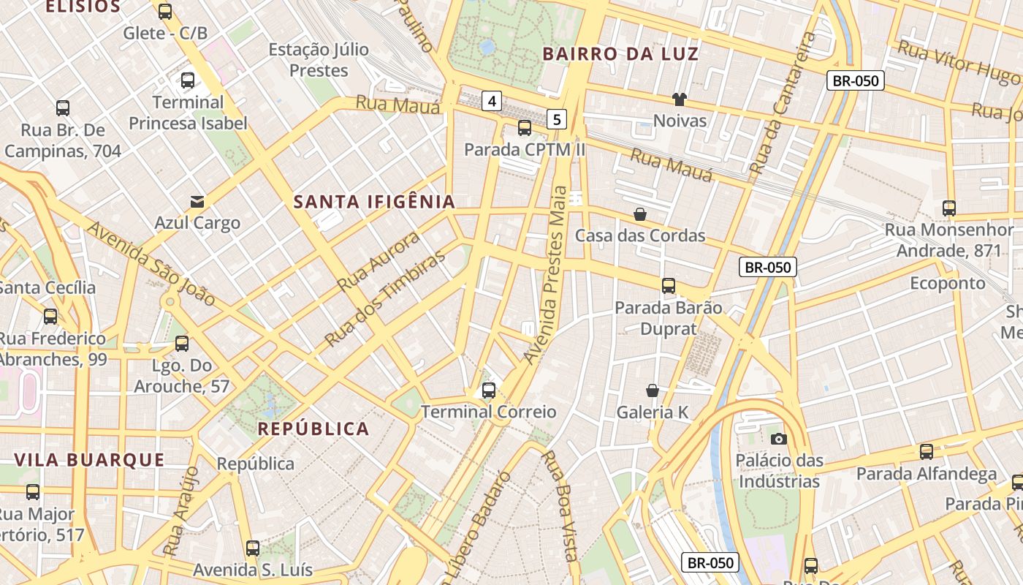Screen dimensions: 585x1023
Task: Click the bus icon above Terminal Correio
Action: pyautogui.click(x=489, y=390)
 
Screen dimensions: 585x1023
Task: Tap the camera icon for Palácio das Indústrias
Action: pyautogui.click(x=779, y=439)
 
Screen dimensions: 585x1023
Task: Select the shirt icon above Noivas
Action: pyautogui.click(x=680, y=99)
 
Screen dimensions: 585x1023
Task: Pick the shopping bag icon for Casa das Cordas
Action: pyautogui.click(x=640, y=214)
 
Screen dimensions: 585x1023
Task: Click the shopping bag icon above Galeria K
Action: pyautogui.click(x=653, y=391)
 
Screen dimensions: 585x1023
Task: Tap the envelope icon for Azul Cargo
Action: pyautogui.click(x=197, y=202)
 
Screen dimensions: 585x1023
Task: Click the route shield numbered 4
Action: pyautogui.click(x=492, y=101)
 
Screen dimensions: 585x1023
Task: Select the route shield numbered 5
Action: pyautogui.click(x=557, y=119)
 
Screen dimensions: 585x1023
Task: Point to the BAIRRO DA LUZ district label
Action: pyautogui.click(x=620, y=54)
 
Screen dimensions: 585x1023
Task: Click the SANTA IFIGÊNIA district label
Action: pyautogui.click(x=374, y=202)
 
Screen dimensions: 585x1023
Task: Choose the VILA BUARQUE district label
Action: pyautogui.click(x=89, y=460)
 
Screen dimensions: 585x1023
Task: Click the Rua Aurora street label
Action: pyautogui.click(x=379, y=261)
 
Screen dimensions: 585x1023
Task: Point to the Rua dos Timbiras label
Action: pyautogui.click(x=384, y=299)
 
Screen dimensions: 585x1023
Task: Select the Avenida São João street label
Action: pyautogui.click(x=151, y=263)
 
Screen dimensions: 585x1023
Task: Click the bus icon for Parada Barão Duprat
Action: pyautogui.click(x=668, y=286)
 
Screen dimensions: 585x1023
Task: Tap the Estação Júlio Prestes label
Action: pyautogui.click(x=319, y=60)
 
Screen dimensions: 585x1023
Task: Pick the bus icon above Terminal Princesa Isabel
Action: pyautogui.click(x=188, y=80)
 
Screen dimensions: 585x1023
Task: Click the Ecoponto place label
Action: pyautogui.click(x=947, y=283)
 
